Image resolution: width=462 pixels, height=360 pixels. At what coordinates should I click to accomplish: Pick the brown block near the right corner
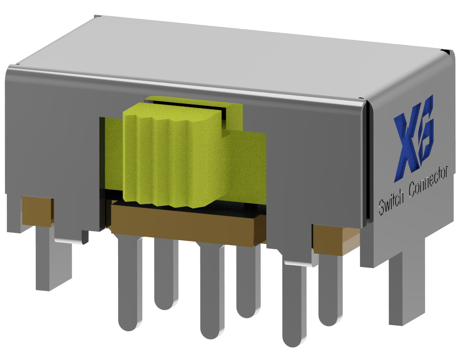[329, 238]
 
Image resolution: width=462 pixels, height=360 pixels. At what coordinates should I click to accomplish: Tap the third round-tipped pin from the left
[211, 293]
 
